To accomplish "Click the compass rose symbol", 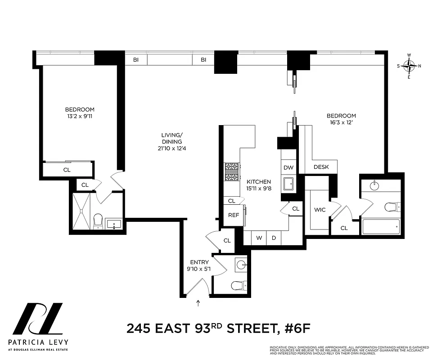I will [409, 67].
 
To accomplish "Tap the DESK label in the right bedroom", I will [321, 167].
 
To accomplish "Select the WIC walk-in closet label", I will [320, 210].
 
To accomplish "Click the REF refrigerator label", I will [234, 215].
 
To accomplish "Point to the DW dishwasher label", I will [288, 167].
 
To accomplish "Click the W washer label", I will [259, 238].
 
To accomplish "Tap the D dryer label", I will [274, 238].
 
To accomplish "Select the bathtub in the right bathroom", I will [381, 226].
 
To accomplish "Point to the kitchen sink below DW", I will [288, 184].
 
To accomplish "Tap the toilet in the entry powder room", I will [238, 284].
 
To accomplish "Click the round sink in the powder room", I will [241, 265].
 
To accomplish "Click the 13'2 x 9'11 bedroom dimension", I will [80, 116].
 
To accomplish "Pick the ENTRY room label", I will [199, 262].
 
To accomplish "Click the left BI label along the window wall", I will [135, 59].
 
